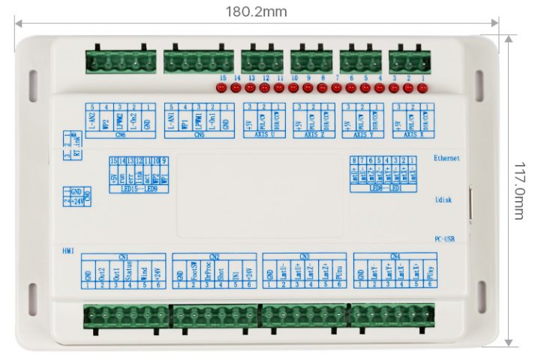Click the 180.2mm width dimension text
[x=256, y=12]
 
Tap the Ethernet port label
[x=446, y=158]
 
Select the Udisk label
[x=446, y=200]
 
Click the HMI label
[x=68, y=248]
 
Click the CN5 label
[x=198, y=136]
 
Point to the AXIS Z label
[x=311, y=136]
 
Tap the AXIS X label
[x=410, y=136]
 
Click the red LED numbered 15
[x=221, y=88]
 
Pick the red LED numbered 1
[x=422, y=88]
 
